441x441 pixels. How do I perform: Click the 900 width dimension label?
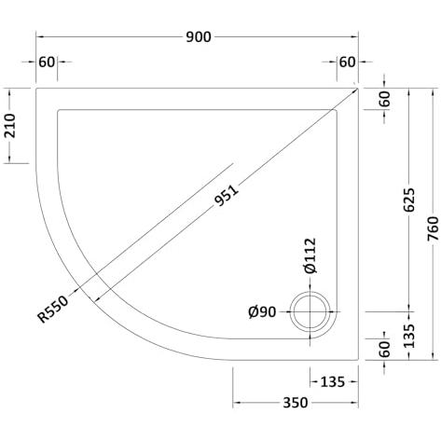pyautogui.click(x=199, y=37)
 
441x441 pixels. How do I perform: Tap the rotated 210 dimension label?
pyautogui.click(x=9, y=126)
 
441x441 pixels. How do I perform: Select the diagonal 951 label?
pyautogui.click(x=227, y=196)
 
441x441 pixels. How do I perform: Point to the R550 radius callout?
pyautogui.click(x=52, y=310)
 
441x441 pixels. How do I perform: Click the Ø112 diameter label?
pyautogui.click(x=310, y=255)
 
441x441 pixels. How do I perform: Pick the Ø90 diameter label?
pyautogui.click(x=262, y=312)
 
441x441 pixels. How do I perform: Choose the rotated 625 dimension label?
pyautogui.click(x=409, y=200)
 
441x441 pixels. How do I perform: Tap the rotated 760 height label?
pyautogui.click(x=433, y=228)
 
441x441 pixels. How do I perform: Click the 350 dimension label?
pyautogui.click(x=296, y=403)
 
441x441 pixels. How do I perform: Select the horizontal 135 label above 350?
pyautogui.click(x=332, y=382)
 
